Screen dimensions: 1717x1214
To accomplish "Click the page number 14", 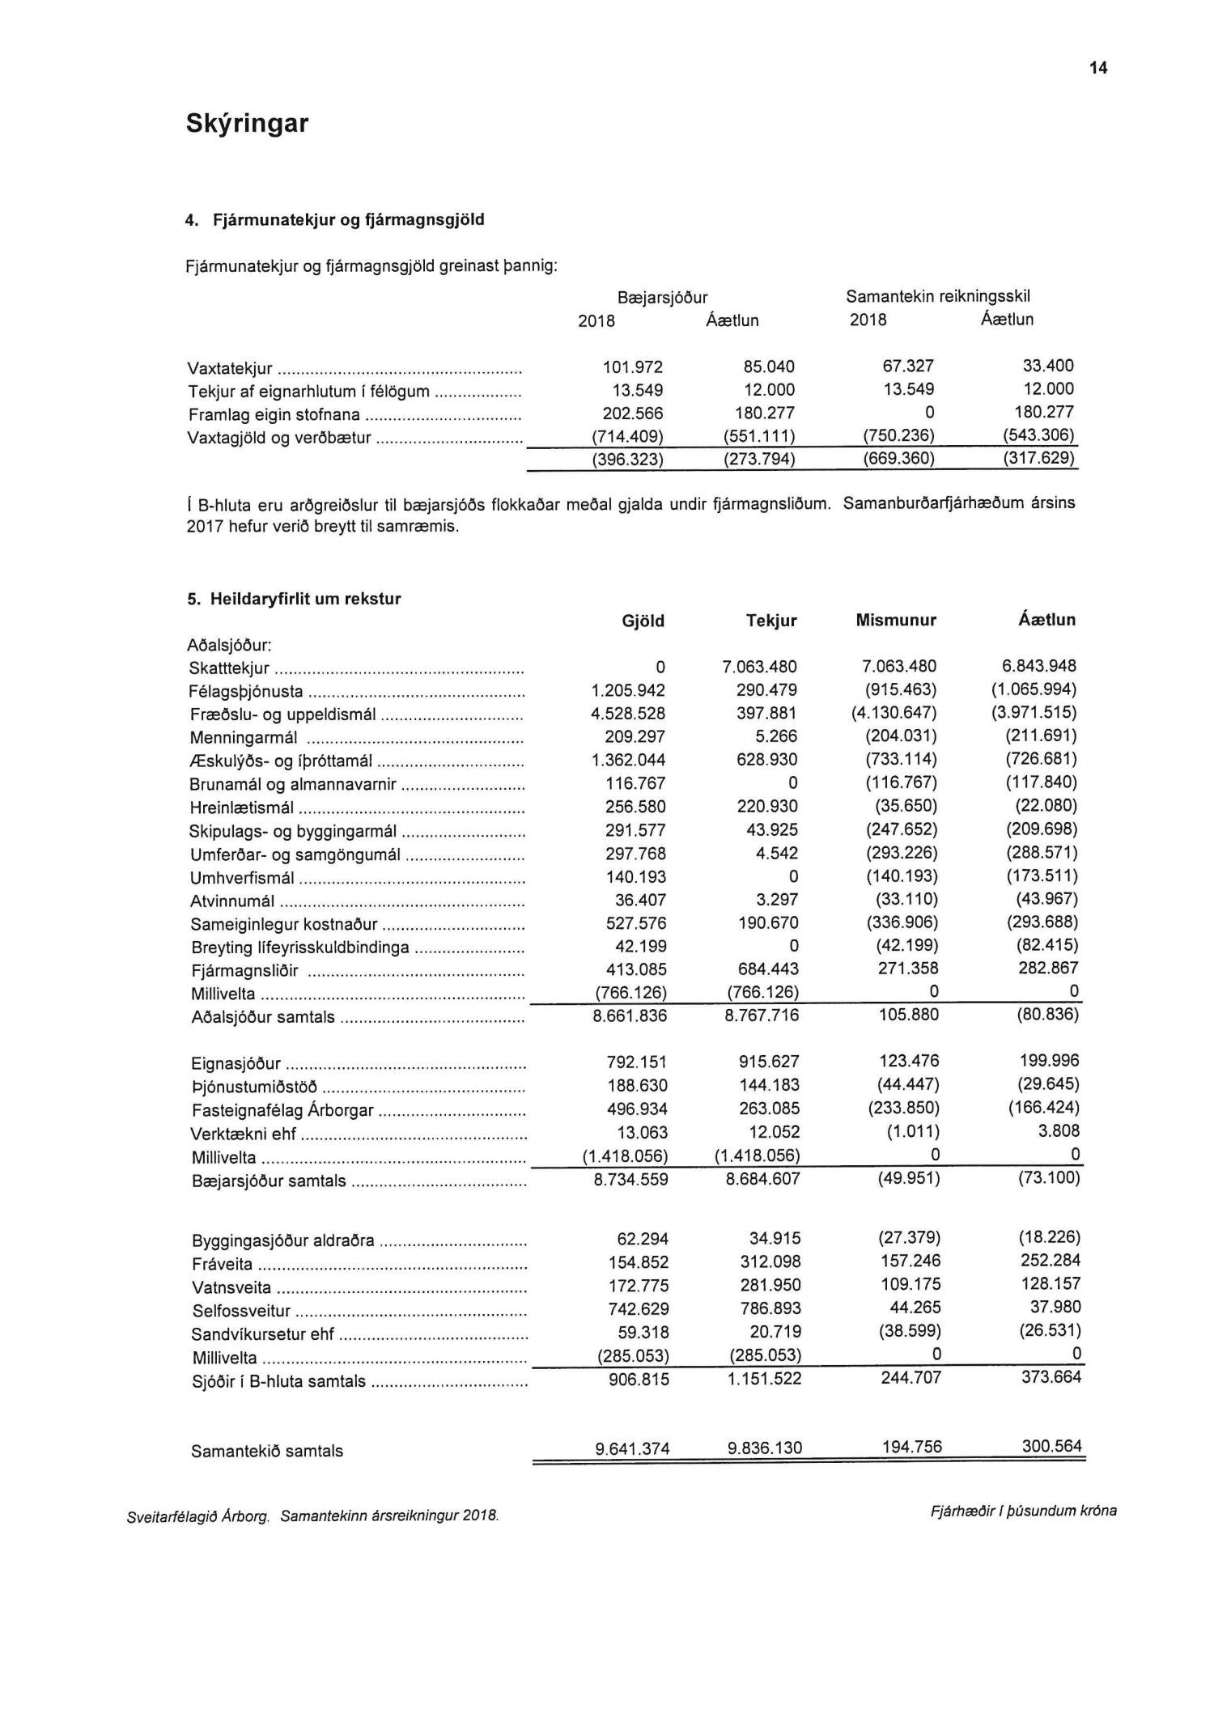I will pos(1098,68).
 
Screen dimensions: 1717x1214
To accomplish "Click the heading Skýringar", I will pos(247,124).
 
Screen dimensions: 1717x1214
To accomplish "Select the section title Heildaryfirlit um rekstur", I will pos(305,600).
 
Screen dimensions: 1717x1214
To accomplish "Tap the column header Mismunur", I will pos(896,621).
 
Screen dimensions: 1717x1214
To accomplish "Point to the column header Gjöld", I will pos(643,621).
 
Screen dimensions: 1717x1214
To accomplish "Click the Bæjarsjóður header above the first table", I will pos(662,297).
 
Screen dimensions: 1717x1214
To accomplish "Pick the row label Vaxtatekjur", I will pos(231,369).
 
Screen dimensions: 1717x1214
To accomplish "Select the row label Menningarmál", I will pos(244,738).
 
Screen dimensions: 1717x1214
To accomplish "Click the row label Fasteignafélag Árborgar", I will pos(283,1110).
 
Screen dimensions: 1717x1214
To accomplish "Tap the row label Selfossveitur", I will pos(241,1312).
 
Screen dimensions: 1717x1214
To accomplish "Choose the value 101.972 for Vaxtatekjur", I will pos(633,367).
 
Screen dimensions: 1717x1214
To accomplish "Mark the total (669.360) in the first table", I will pos(899,460).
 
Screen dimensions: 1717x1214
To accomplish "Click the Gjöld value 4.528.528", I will pos(629,714).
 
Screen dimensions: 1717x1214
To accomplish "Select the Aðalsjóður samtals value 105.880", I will pos(909,1015).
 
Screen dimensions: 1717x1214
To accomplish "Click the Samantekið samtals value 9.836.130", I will pos(765,1448).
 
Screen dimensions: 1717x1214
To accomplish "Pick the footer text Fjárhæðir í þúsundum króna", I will pos(1024,1511).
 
